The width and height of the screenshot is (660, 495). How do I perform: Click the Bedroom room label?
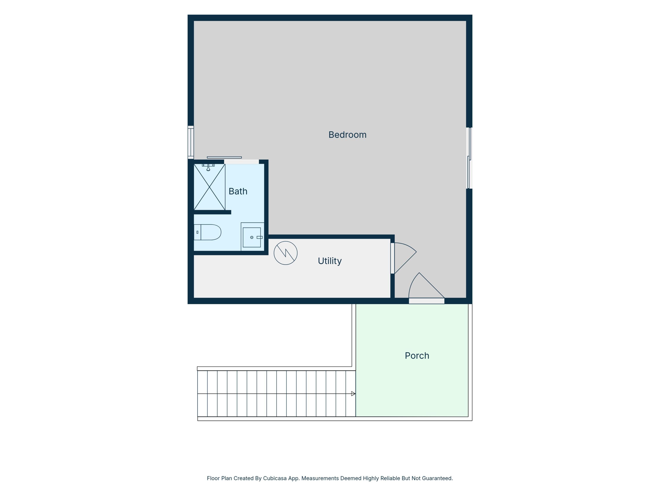[347, 135]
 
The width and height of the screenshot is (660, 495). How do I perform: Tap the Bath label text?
[238, 191]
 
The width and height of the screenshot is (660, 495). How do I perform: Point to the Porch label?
[417, 356]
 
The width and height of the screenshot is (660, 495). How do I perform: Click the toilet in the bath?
[207, 232]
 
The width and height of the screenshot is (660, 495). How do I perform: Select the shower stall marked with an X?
[209, 187]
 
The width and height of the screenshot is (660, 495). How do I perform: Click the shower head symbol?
[208, 167]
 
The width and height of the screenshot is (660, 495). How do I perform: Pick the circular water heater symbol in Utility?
[286, 253]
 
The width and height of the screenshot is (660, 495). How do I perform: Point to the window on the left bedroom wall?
[191, 142]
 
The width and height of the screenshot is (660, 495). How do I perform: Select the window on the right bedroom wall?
[469, 158]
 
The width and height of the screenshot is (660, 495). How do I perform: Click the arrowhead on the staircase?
[353, 394]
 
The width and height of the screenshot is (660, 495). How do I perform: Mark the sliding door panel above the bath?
[224, 158]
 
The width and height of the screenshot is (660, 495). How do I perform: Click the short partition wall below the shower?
[213, 212]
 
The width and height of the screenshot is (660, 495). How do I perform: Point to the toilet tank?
[197, 232]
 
